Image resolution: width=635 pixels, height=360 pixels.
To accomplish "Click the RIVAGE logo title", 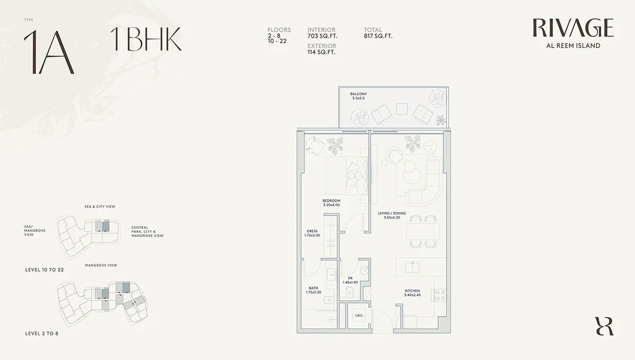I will [x=573, y=28].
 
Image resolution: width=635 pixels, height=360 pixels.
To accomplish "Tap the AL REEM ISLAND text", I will [x=573, y=46].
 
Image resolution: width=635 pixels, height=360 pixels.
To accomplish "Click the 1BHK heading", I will [x=146, y=39].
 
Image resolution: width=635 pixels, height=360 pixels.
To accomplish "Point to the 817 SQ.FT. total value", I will [x=378, y=36].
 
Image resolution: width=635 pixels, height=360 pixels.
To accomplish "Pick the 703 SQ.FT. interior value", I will [x=322, y=36].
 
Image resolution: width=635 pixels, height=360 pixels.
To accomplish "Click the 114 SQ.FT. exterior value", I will [x=322, y=52].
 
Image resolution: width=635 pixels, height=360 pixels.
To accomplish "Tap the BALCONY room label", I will [x=358, y=94].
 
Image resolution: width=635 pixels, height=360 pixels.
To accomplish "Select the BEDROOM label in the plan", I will [x=331, y=201].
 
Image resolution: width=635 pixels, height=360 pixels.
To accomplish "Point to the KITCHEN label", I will [x=412, y=291].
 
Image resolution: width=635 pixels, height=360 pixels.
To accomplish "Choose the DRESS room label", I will [x=312, y=231].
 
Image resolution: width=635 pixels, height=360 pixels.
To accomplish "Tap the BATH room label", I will [x=313, y=289].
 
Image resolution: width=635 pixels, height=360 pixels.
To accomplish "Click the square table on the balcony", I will [x=402, y=109].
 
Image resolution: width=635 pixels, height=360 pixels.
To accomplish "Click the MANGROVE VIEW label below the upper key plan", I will [x=101, y=265].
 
